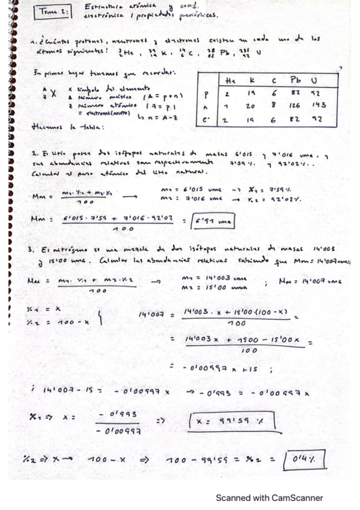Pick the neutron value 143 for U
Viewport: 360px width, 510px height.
(x=319, y=105)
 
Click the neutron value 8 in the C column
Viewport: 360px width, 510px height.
(x=275, y=105)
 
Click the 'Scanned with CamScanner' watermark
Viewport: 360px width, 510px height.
(x=270, y=497)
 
